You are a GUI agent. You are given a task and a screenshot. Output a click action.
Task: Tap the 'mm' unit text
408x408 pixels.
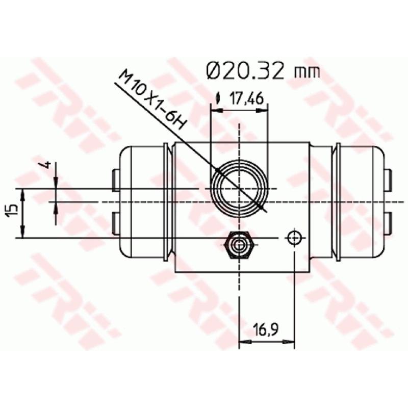click(x=307, y=72)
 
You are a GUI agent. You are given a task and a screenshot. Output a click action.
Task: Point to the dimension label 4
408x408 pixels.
click(x=45, y=165)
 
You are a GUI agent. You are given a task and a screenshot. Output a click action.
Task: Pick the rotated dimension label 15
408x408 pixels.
click(x=14, y=210)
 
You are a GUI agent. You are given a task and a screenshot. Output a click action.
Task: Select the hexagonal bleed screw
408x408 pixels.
click(x=238, y=245)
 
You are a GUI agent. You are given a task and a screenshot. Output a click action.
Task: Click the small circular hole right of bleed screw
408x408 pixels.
click(x=294, y=238)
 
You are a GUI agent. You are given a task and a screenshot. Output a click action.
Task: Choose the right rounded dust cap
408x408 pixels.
click(x=360, y=202)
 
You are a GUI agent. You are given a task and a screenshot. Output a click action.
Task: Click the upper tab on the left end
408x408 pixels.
click(x=115, y=179)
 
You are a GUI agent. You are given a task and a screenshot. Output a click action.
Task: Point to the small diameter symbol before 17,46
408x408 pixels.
click(x=218, y=99)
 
